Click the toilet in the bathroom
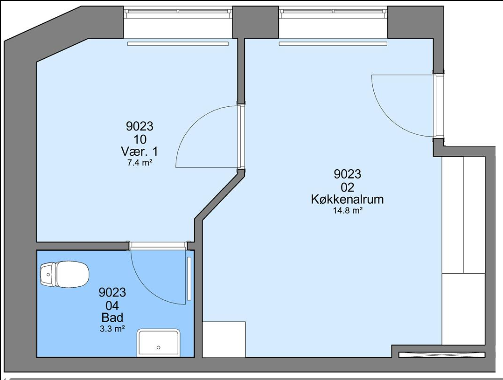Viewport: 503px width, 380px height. [x=64, y=274]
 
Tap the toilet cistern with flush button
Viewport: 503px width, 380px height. [x=48, y=274]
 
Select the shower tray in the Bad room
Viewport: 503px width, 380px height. [x=159, y=343]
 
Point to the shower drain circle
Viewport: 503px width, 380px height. [x=159, y=348]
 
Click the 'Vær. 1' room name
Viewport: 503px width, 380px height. [x=140, y=151]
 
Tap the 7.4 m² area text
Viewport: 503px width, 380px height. [x=140, y=163]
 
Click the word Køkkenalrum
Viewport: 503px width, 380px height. [x=347, y=199]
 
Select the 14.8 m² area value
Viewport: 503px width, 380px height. [x=348, y=210]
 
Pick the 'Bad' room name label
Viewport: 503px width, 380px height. [x=112, y=318]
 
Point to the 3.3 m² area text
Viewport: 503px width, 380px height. [x=112, y=329]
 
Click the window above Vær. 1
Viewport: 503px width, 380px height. [x=178, y=11]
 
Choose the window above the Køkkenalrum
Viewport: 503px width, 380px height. [x=333, y=11]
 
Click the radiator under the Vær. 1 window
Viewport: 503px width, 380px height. [x=178, y=44]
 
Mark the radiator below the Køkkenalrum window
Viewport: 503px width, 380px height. [x=333, y=44]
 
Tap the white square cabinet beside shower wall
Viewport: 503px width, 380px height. [x=224, y=339]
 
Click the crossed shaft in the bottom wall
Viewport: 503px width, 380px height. [x=442, y=355]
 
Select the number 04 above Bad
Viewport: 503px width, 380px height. [x=112, y=305]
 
